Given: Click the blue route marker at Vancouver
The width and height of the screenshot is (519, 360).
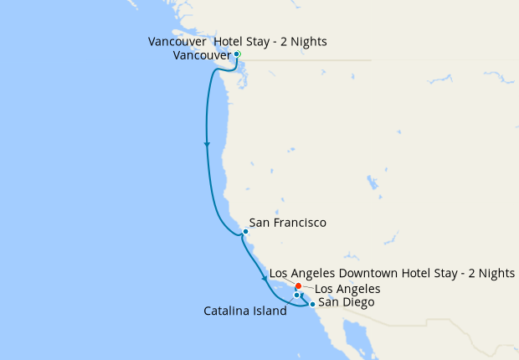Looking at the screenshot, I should pyautogui.click(x=237, y=54).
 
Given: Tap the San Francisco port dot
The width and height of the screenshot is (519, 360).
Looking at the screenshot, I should pyautogui.click(x=244, y=231).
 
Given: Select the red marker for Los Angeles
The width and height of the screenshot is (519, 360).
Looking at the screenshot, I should pyautogui.click(x=299, y=286).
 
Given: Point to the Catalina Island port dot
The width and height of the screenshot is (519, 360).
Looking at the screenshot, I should pyautogui.click(x=296, y=295).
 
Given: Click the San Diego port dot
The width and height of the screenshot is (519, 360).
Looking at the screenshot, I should pyautogui.click(x=312, y=304).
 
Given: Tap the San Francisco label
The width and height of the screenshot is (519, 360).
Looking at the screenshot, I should pyautogui.click(x=287, y=224).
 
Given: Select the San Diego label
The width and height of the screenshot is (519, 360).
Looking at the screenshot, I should pyautogui.click(x=347, y=301).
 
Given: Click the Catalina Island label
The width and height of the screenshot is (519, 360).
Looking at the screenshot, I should pyautogui.click(x=245, y=311).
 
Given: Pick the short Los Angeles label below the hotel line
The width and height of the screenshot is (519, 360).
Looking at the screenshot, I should pyautogui.click(x=347, y=289).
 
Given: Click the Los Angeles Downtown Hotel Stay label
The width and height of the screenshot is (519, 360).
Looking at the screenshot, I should pyautogui.click(x=392, y=274).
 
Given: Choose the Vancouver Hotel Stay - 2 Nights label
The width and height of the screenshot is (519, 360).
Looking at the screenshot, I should pyautogui.click(x=237, y=42).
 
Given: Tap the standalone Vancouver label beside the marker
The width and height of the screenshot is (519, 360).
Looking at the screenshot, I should pyautogui.click(x=202, y=55).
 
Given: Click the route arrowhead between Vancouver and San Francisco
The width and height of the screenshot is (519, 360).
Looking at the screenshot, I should pyautogui.click(x=207, y=145).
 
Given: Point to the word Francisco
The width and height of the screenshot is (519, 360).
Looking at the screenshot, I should pyautogui.click(x=299, y=224).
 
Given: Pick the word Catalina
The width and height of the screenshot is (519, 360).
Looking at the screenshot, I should pyautogui.click(x=228, y=311).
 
